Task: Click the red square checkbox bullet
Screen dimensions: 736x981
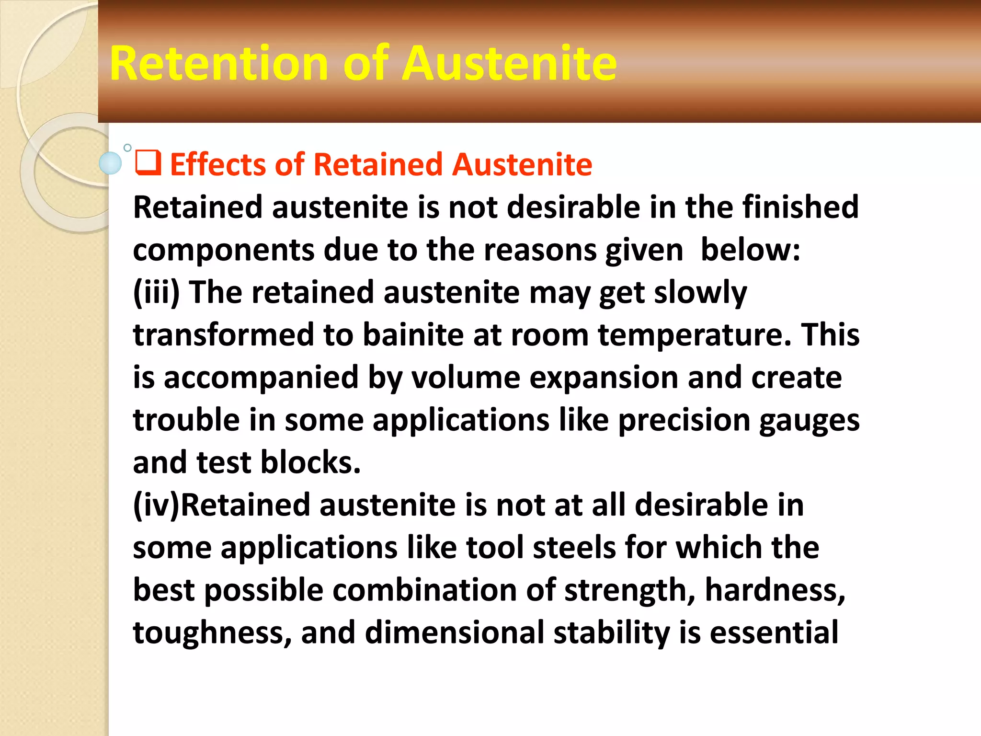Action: pyautogui.click(x=148, y=163)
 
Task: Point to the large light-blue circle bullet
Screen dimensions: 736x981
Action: pyautogui.click(x=111, y=163)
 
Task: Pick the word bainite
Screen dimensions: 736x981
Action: pyautogui.click(x=412, y=334)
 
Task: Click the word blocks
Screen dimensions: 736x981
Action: pyautogui.click(x=310, y=462)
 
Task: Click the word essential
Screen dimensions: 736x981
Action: pyautogui.click(x=774, y=632)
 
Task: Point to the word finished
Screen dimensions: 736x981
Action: pyautogui.click(x=800, y=207)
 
